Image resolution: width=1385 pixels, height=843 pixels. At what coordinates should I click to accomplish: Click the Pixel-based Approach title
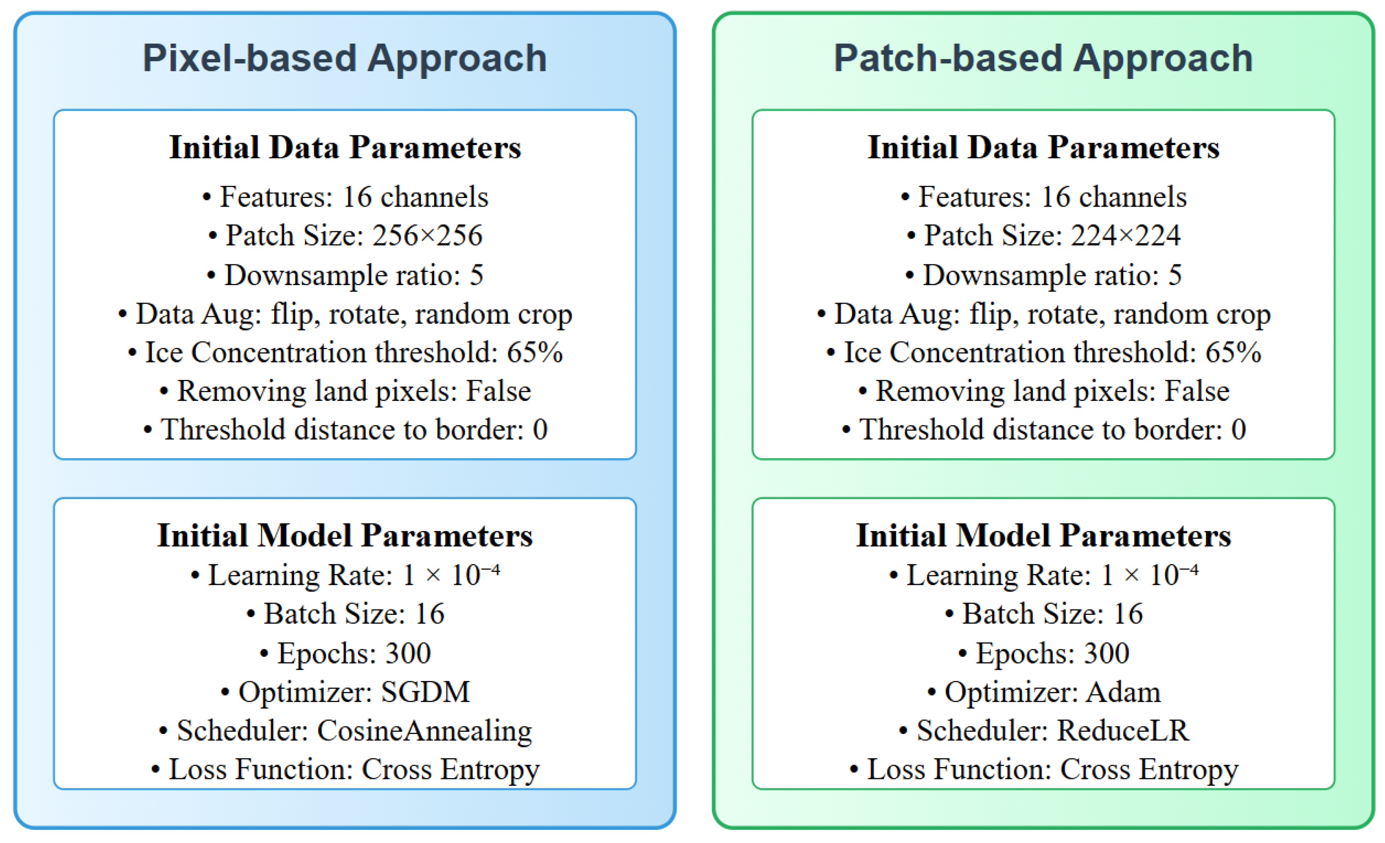pyautogui.click(x=345, y=59)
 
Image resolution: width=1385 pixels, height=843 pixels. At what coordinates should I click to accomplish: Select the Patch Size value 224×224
pyautogui.click(x=1125, y=235)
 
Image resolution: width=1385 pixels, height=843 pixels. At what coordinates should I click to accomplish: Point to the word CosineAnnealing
pyautogui.click(x=424, y=731)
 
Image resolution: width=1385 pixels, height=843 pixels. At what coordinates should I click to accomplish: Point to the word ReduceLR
pyautogui.click(x=1123, y=731)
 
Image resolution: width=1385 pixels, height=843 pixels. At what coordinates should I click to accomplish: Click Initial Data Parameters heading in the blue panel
pyautogui.click(x=345, y=147)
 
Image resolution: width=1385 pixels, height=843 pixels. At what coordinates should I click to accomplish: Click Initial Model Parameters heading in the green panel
pyautogui.click(x=1043, y=535)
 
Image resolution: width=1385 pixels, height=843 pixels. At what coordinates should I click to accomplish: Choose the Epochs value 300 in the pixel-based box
pyautogui.click(x=408, y=653)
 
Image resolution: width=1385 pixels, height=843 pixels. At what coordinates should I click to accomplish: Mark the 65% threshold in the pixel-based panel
pyautogui.click(x=535, y=353)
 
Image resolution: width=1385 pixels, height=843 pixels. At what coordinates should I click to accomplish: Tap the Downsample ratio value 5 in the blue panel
pyautogui.click(x=476, y=275)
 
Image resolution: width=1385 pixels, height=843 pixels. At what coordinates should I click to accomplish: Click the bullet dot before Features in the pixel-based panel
pyautogui.click(x=207, y=198)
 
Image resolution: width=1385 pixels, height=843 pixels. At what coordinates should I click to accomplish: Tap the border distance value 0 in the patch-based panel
pyautogui.click(x=1238, y=429)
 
